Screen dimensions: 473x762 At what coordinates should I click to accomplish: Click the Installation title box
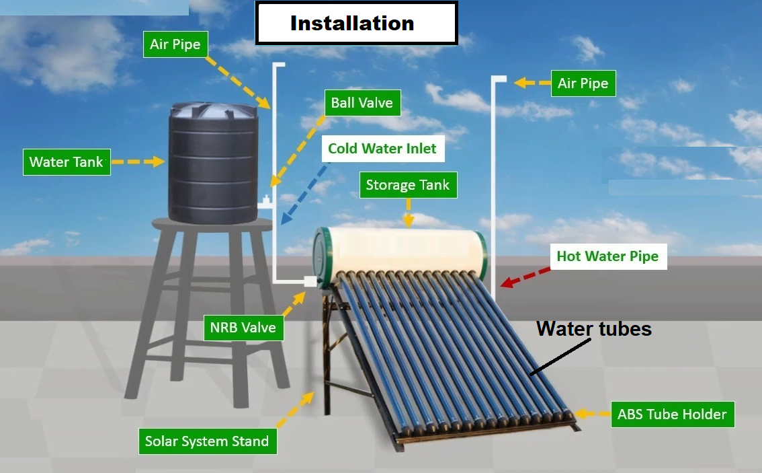point(356,24)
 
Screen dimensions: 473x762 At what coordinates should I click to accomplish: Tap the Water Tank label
point(67,162)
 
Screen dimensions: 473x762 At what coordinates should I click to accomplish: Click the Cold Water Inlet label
point(382,149)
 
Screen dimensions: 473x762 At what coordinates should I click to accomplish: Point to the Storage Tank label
point(407,185)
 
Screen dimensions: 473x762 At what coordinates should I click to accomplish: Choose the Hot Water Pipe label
point(607,256)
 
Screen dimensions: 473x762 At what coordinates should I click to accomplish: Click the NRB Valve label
point(243,328)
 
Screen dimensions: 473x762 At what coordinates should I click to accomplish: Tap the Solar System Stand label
point(207,441)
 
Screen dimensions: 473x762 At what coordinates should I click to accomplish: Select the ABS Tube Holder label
point(672,414)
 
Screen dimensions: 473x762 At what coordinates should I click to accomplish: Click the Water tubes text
point(594,329)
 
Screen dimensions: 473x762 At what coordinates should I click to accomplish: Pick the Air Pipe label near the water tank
point(175,45)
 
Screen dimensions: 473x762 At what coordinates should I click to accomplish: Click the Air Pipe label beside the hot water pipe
point(583,83)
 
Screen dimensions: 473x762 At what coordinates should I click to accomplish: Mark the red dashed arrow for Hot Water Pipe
point(525,276)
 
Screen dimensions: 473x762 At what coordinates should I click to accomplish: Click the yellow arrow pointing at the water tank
point(138,161)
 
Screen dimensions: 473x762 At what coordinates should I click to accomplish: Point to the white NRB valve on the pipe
point(310,281)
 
